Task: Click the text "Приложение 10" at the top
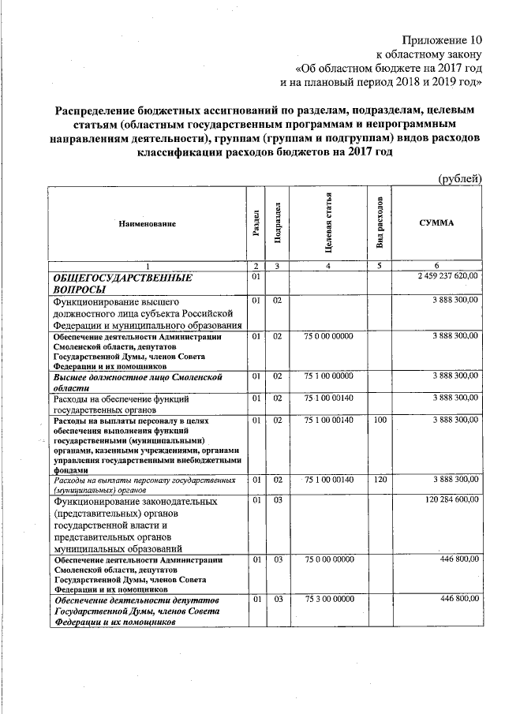441,39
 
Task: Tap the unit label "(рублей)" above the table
459,179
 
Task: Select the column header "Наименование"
147,224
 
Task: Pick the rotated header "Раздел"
256,224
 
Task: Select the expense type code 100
380,422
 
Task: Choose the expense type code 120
380,479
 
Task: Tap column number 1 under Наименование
147,265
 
